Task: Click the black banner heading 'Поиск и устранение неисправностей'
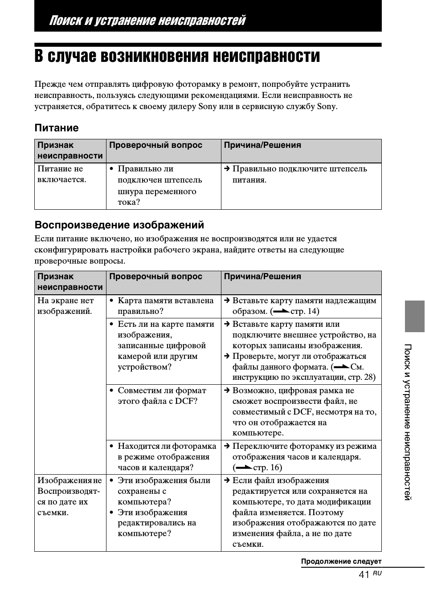click(147, 20)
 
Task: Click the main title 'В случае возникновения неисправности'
click(177, 57)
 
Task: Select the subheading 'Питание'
click(57, 128)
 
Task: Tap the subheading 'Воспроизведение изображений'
click(119, 225)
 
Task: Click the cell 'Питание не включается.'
click(62, 174)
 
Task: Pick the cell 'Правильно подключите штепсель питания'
click(299, 174)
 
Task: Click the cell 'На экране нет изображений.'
click(65, 306)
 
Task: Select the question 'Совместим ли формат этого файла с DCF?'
click(162, 396)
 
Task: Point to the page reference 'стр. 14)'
click(305, 311)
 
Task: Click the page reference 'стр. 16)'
click(267, 468)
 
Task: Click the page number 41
click(364, 575)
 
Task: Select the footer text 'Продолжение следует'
click(341, 561)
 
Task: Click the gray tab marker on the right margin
click(414, 316)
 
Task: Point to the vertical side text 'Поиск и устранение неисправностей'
click(408, 422)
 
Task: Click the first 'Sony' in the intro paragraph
click(207, 106)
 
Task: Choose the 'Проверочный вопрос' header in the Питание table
click(155, 145)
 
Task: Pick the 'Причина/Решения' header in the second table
click(262, 277)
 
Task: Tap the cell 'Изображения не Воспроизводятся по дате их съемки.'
click(69, 496)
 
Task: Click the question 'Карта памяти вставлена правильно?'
click(165, 306)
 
